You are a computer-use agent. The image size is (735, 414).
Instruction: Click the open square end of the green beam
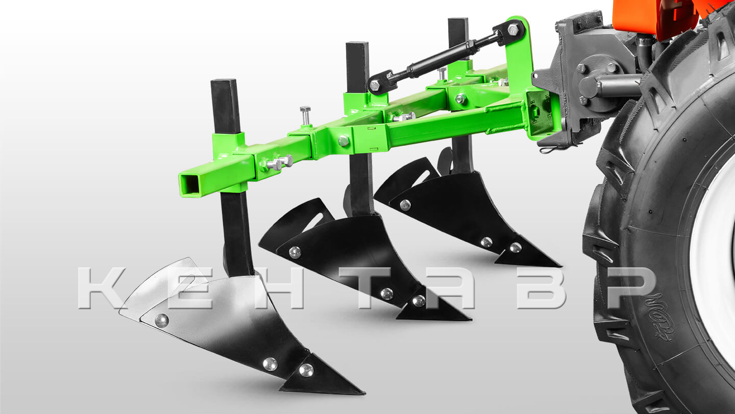[x=190, y=183]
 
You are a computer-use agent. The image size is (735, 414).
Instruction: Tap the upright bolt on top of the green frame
[x=305, y=116]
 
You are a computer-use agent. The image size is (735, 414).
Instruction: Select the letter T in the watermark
[x=365, y=288]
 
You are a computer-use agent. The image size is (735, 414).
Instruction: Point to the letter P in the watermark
[x=631, y=288]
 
